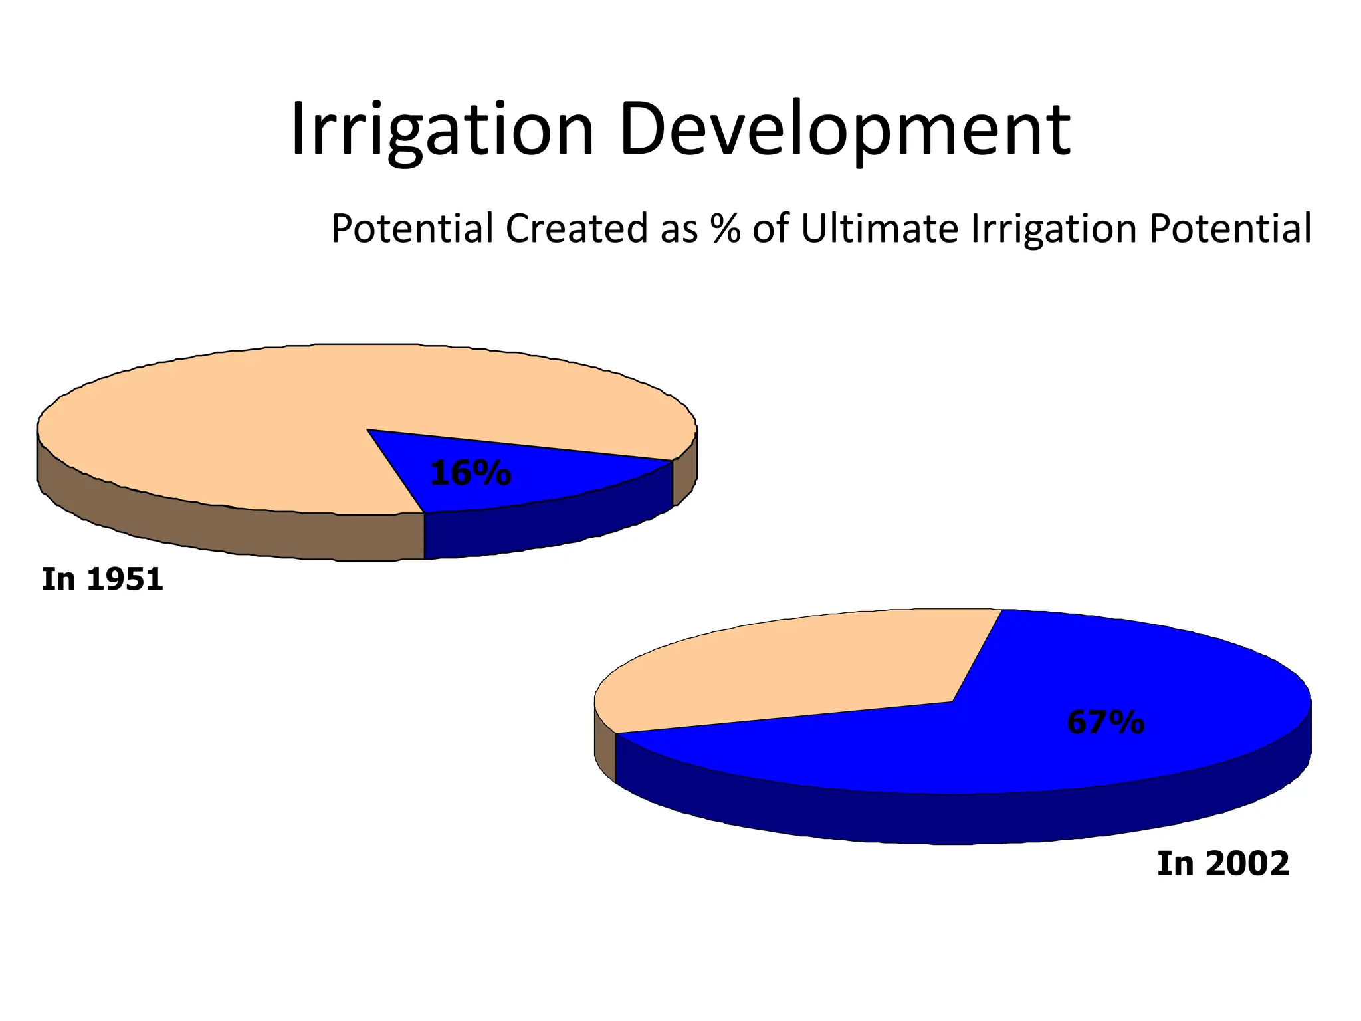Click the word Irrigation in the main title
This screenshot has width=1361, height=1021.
pos(442,130)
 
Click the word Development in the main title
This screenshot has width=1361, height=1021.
pos(844,130)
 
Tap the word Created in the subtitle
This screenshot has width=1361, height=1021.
pos(575,229)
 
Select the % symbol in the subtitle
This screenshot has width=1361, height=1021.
pos(725,229)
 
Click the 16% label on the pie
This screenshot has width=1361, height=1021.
pos(471,473)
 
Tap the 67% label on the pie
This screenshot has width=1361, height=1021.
pos(1105,722)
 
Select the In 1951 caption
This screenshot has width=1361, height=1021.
pos(102,579)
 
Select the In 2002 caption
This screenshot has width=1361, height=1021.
pos(1223,863)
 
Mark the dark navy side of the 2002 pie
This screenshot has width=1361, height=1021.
pos(964,818)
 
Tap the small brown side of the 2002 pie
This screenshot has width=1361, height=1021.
pos(605,751)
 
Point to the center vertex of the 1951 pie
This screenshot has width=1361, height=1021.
pos(367,429)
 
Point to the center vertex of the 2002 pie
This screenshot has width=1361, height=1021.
pos(952,701)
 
